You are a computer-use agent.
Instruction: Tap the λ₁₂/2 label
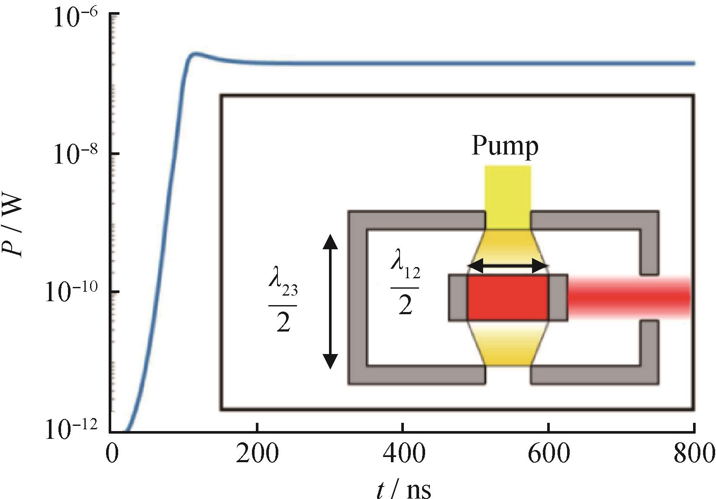(405, 288)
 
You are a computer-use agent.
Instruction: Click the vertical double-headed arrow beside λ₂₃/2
(330, 301)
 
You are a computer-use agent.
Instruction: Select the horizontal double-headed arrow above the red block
(508, 266)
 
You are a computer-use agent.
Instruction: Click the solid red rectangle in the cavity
(507, 297)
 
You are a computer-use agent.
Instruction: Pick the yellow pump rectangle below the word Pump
(507, 197)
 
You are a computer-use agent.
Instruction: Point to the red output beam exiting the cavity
(628, 297)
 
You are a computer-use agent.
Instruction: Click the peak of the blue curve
(196, 54)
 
